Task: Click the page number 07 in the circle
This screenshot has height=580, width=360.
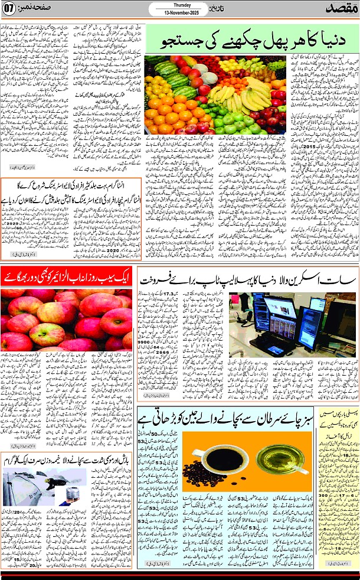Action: point(10,9)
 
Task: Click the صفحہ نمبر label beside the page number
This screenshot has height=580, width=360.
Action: point(40,9)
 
